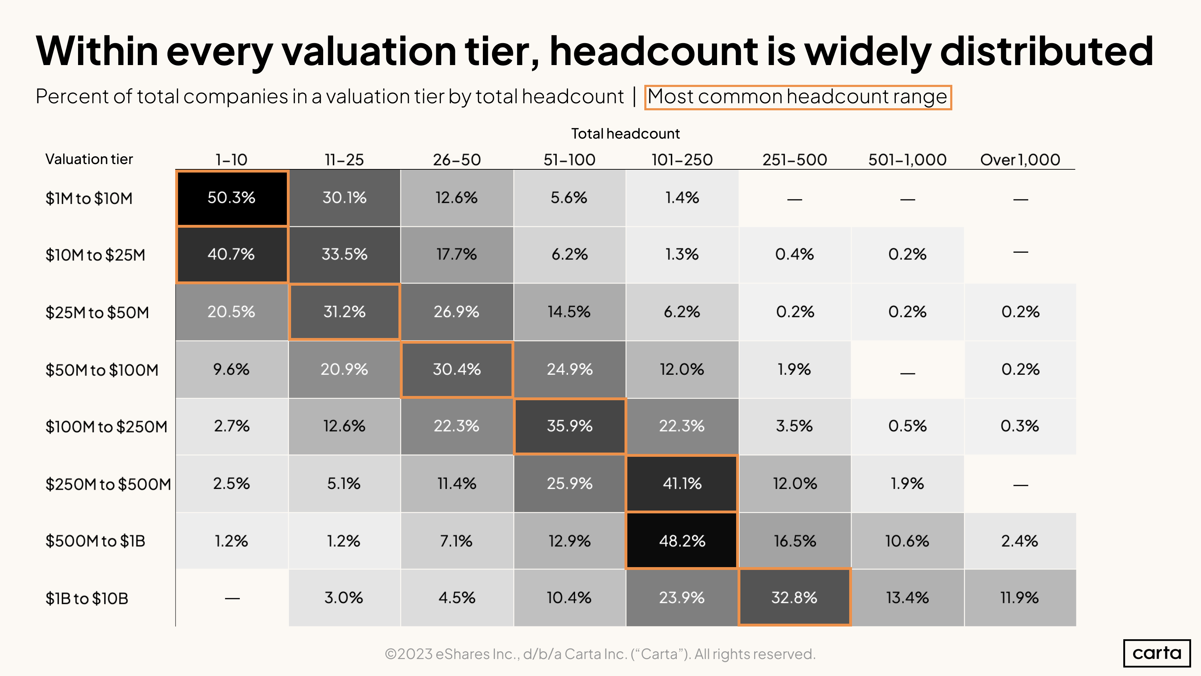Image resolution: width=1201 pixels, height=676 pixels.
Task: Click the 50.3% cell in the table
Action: click(x=232, y=198)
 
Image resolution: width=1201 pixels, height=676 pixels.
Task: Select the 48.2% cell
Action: click(x=682, y=541)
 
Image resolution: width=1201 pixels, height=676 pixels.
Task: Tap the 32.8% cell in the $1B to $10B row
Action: click(x=794, y=598)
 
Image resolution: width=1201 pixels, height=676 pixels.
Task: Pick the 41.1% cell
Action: click(x=682, y=483)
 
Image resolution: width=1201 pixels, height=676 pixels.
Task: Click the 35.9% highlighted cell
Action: click(x=569, y=426)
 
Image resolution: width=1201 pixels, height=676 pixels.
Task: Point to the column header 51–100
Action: click(x=569, y=160)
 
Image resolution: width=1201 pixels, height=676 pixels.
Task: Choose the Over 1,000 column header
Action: click(x=1020, y=160)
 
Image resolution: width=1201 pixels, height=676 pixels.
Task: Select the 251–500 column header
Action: click(x=794, y=160)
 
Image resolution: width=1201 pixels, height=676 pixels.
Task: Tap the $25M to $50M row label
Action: click(x=97, y=312)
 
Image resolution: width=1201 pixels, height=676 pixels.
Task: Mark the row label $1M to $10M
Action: click(x=89, y=198)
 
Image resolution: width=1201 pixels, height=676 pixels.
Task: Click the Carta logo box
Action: click(x=1157, y=653)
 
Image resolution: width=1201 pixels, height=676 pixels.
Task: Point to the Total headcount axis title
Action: click(x=625, y=134)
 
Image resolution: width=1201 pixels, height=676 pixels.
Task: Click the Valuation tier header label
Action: click(x=89, y=159)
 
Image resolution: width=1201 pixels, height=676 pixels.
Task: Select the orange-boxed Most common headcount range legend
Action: click(x=797, y=97)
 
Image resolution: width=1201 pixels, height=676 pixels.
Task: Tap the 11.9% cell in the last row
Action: click(x=1020, y=598)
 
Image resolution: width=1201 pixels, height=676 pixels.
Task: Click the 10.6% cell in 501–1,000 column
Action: click(x=907, y=541)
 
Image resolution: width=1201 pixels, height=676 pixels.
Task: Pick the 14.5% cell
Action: click(x=569, y=311)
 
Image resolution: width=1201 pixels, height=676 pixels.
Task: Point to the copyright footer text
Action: click(x=600, y=654)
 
